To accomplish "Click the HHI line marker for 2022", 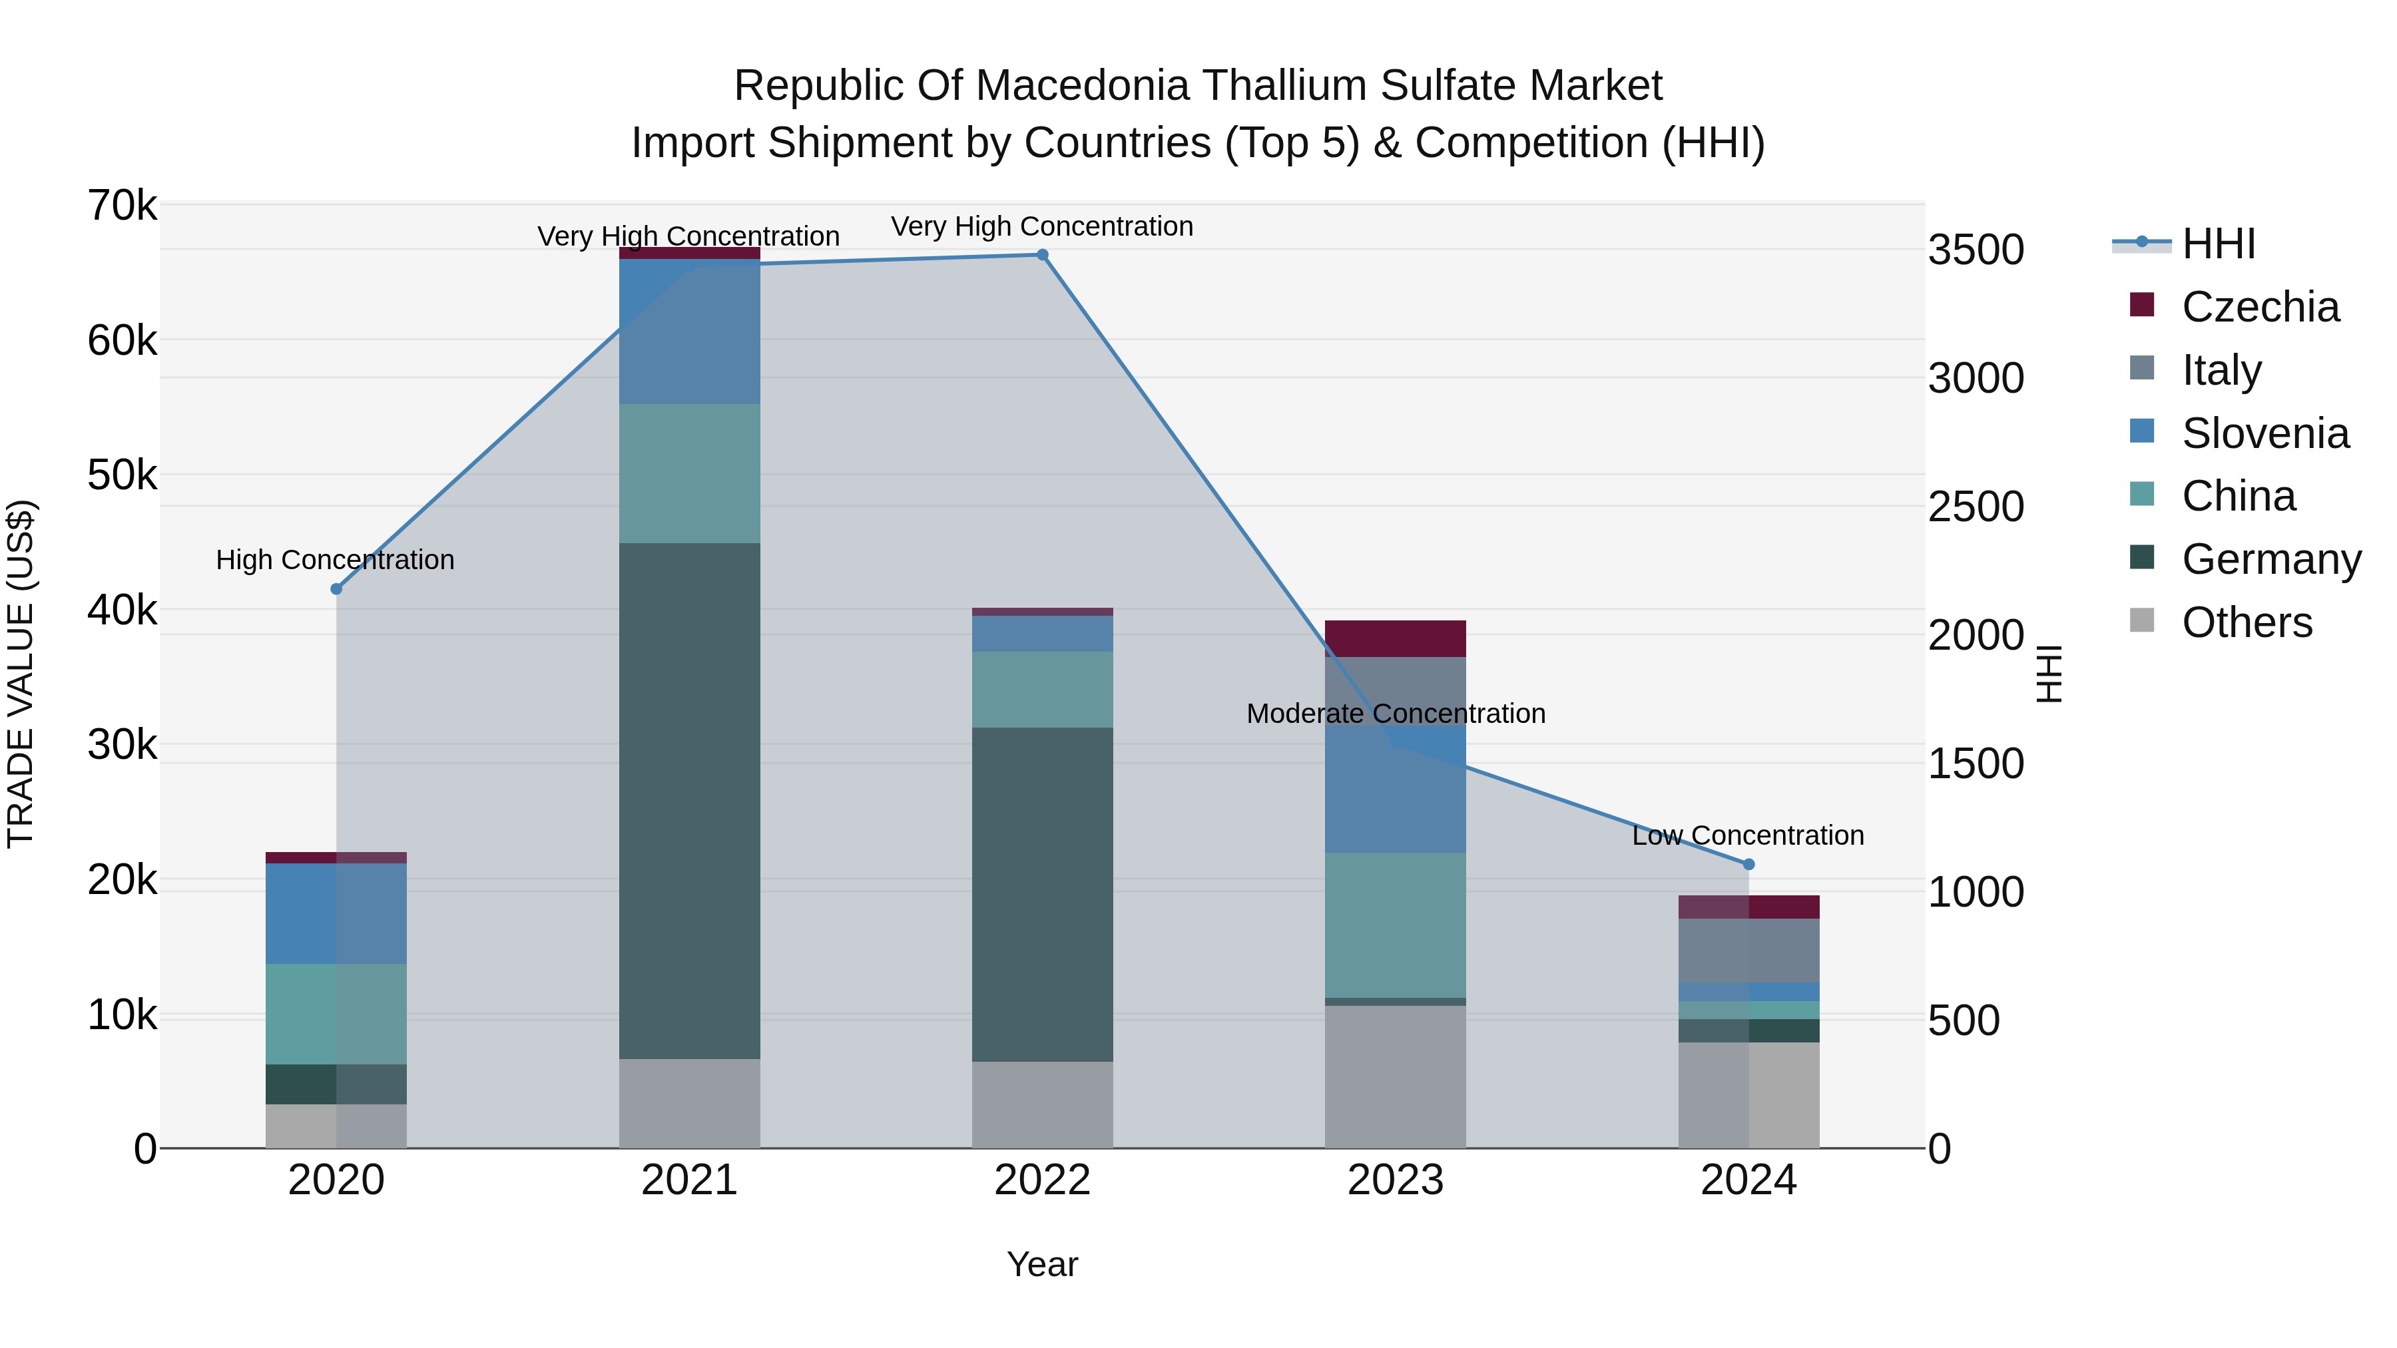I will coord(1042,255).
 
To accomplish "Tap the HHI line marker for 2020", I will coord(337,589).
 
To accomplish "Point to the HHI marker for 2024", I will coord(1748,864).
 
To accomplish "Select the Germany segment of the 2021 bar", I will coord(690,800).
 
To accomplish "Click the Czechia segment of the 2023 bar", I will coord(1395,638).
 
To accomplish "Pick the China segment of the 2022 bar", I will coord(1042,690).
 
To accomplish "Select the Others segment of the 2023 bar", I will coord(1395,1076).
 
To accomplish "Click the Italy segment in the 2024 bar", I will coord(1748,950).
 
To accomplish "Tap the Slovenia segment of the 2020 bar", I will coord(336,913).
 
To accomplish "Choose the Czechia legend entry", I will coord(2259,307).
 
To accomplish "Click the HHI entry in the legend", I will coord(2219,244).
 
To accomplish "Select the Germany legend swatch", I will coord(2142,557).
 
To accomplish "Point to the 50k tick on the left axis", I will coord(123,475).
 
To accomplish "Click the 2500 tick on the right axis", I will coord(1976,507).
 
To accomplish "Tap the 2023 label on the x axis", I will coord(1395,1180).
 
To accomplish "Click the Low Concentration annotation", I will coord(1748,835).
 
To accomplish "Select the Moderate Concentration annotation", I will coord(1395,714).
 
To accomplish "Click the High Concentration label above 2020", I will coord(335,560).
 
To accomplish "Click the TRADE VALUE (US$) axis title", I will coord(21,674).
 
